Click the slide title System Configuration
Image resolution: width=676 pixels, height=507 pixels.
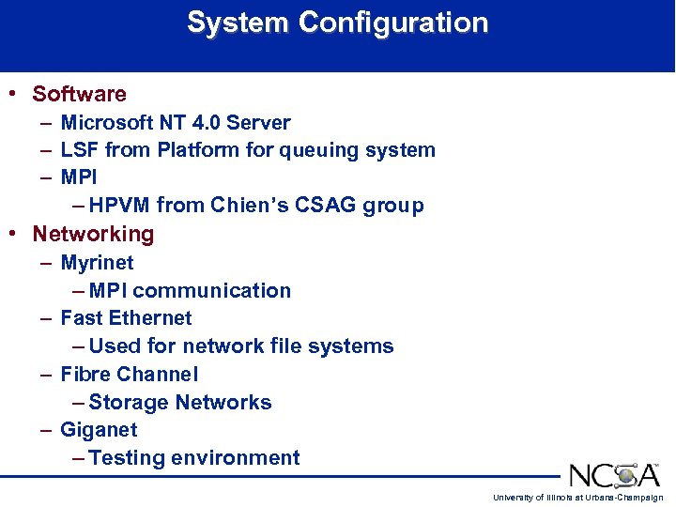point(338,23)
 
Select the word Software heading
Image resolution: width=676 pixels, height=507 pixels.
point(79,94)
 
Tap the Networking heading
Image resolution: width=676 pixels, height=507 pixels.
point(93,234)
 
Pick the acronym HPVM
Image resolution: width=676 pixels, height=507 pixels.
point(120,206)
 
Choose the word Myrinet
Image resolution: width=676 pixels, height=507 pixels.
point(97,263)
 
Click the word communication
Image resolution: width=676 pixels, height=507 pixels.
point(212,291)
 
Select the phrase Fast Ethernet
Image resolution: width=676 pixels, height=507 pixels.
point(126,318)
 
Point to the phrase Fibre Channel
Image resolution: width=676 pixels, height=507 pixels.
point(130,375)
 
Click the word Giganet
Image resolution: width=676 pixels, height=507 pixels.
point(99,430)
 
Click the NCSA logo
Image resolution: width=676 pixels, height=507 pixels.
point(613,474)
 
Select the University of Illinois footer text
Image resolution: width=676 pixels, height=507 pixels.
point(577,498)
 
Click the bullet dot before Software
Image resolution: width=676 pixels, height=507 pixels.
point(11,94)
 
